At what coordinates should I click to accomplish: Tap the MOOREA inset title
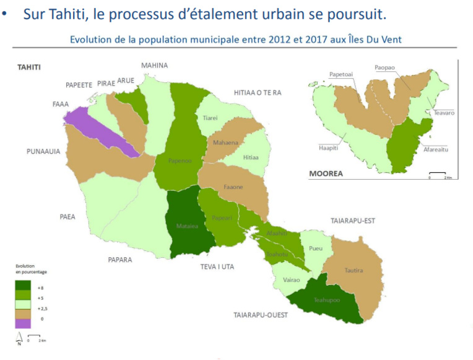tap(326, 174)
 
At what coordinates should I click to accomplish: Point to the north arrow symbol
tap(18, 338)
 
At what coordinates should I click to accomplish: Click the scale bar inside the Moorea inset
tap(438, 173)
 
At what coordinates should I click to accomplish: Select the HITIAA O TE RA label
tap(258, 92)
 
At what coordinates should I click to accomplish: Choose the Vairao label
tap(290, 280)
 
